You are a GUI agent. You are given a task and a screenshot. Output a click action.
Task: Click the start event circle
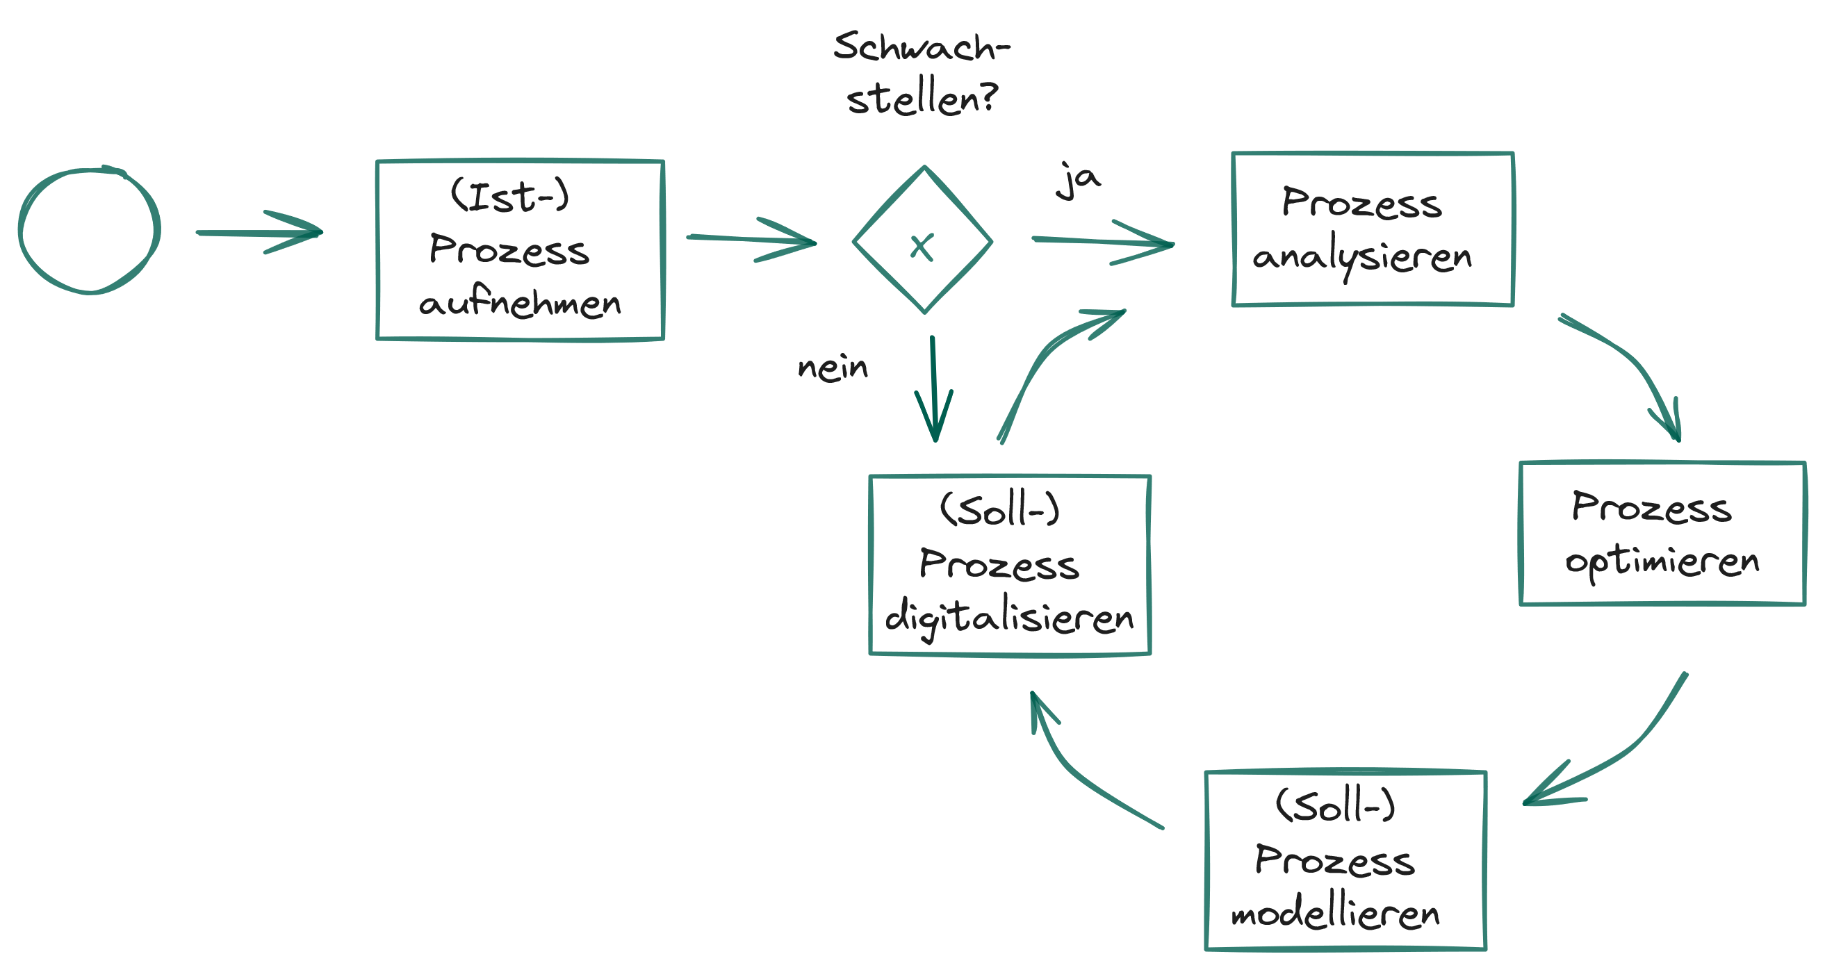(90, 230)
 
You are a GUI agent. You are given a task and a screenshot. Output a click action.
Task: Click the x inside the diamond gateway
(922, 247)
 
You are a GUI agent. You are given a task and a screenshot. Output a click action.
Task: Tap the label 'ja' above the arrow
(1078, 181)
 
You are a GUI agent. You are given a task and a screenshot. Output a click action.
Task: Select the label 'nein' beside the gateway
(833, 368)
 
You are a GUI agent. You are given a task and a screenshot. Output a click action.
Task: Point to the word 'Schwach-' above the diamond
(921, 47)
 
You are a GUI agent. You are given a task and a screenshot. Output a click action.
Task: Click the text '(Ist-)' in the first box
(509, 196)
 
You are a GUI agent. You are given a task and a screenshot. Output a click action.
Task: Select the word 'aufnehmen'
(520, 304)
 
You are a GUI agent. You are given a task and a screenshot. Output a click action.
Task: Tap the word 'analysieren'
(1361, 256)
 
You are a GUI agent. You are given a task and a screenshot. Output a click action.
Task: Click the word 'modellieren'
(1336, 914)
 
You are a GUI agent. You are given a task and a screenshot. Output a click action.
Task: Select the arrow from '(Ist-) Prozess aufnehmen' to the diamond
(751, 240)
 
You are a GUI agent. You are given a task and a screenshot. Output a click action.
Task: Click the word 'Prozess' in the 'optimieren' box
(1651, 507)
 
